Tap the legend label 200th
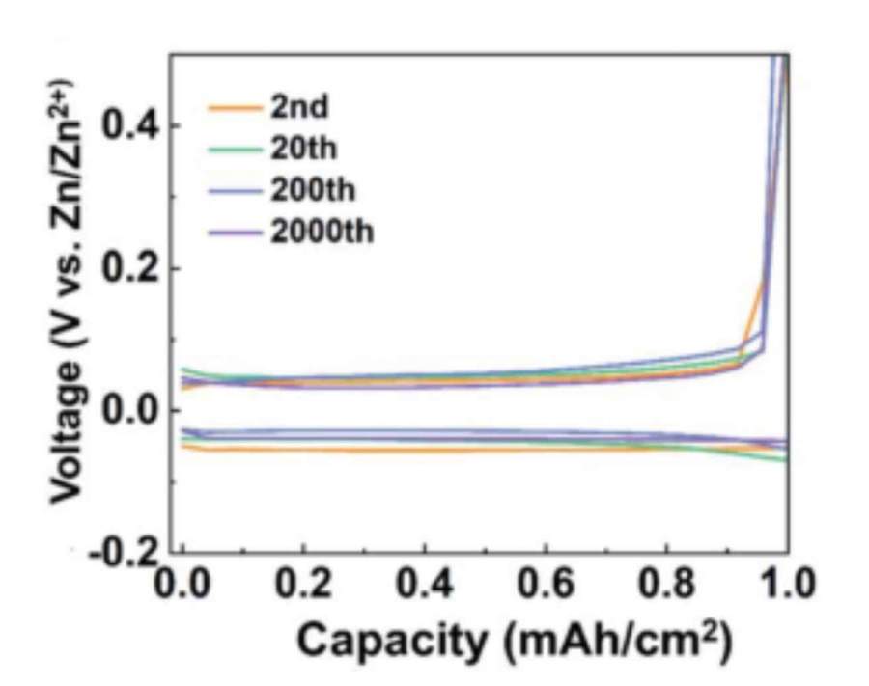pyautogui.click(x=312, y=189)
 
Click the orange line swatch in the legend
pyautogui.click(x=234, y=107)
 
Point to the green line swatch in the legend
pyautogui.click(x=234, y=149)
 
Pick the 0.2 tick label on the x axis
pyautogui.click(x=303, y=585)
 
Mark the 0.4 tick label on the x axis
pyautogui.click(x=425, y=585)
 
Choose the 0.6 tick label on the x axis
pyautogui.click(x=546, y=585)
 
